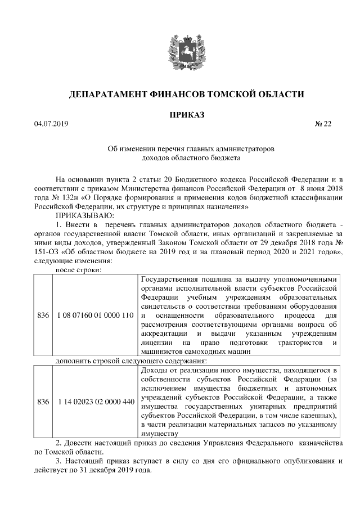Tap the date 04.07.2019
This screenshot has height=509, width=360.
point(51,124)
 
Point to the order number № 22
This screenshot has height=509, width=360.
point(323,124)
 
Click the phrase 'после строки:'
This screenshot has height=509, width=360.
point(78,270)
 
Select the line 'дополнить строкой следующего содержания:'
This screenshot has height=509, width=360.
point(132,361)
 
